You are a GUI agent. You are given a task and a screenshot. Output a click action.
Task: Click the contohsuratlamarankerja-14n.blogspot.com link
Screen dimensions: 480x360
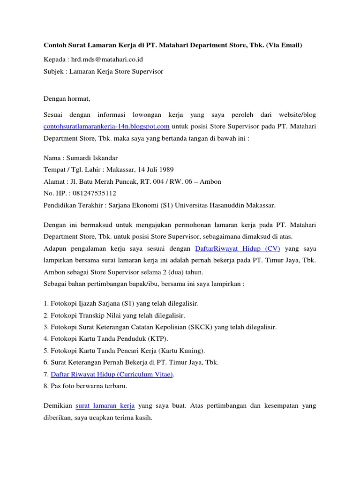pos(106,126)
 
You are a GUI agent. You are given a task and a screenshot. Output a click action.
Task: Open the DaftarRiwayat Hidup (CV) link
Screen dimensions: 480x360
pos(237,248)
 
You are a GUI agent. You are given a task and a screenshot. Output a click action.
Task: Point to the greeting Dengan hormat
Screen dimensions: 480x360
pos(66,99)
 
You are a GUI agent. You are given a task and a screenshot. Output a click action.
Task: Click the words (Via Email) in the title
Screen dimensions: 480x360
pos(284,45)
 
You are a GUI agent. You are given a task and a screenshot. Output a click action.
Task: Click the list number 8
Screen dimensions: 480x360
pos(45,386)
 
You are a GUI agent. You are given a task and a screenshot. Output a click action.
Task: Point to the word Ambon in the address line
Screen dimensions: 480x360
pos(210,181)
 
